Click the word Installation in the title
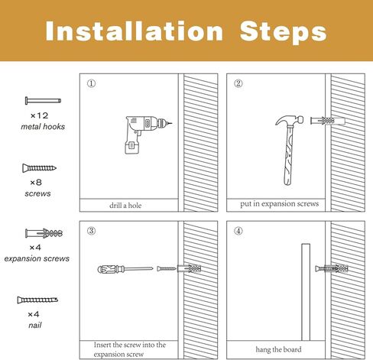coord(135,31)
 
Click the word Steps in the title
coord(283,32)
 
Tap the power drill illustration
coord(147,135)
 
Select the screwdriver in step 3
coord(125,269)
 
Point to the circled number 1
coord(91,83)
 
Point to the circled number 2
coord(238,83)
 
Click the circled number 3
coord(91,231)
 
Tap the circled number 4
coord(238,231)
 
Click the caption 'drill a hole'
coord(125,206)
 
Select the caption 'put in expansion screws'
coord(280,204)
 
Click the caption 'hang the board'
coord(278,349)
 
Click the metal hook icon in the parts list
coord(43,101)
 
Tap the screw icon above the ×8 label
coord(39,168)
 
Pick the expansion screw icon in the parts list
coord(44,233)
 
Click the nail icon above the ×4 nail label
coord(37,300)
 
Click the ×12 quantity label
coord(39,115)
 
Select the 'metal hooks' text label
coord(43,127)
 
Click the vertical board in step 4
coord(306,292)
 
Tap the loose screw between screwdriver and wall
coord(167,268)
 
